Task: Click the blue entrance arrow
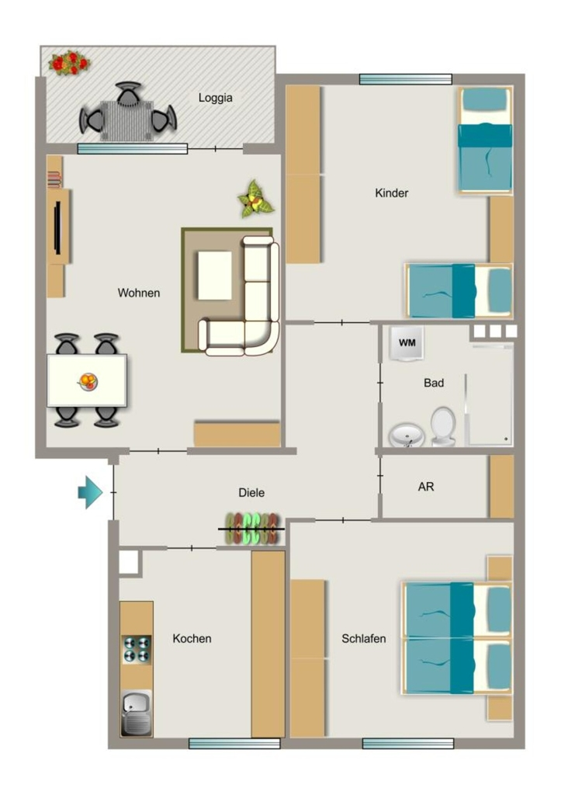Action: click(90, 491)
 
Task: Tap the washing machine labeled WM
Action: click(407, 343)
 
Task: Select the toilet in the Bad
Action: click(443, 427)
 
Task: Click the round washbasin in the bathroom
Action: click(407, 436)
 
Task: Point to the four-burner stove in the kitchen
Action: click(137, 650)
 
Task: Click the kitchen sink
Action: click(137, 713)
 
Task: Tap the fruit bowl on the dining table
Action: click(88, 380)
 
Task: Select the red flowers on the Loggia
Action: click(69, 63)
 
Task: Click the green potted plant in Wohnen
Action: click(255, 200)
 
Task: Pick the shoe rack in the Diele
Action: click(252, 529)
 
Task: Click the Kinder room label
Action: click(391, 193)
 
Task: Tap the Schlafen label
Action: click(363, 638)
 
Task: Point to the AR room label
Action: click(426, 487)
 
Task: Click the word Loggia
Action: click(216, 98)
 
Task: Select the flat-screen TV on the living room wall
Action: click(57, 227)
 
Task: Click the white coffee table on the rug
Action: click(215, 276)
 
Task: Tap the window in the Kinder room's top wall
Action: click(405, 79)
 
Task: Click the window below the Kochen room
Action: click(234, 743)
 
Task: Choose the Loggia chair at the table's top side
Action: click(129, 93)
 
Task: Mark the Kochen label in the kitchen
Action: click(192, 638)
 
